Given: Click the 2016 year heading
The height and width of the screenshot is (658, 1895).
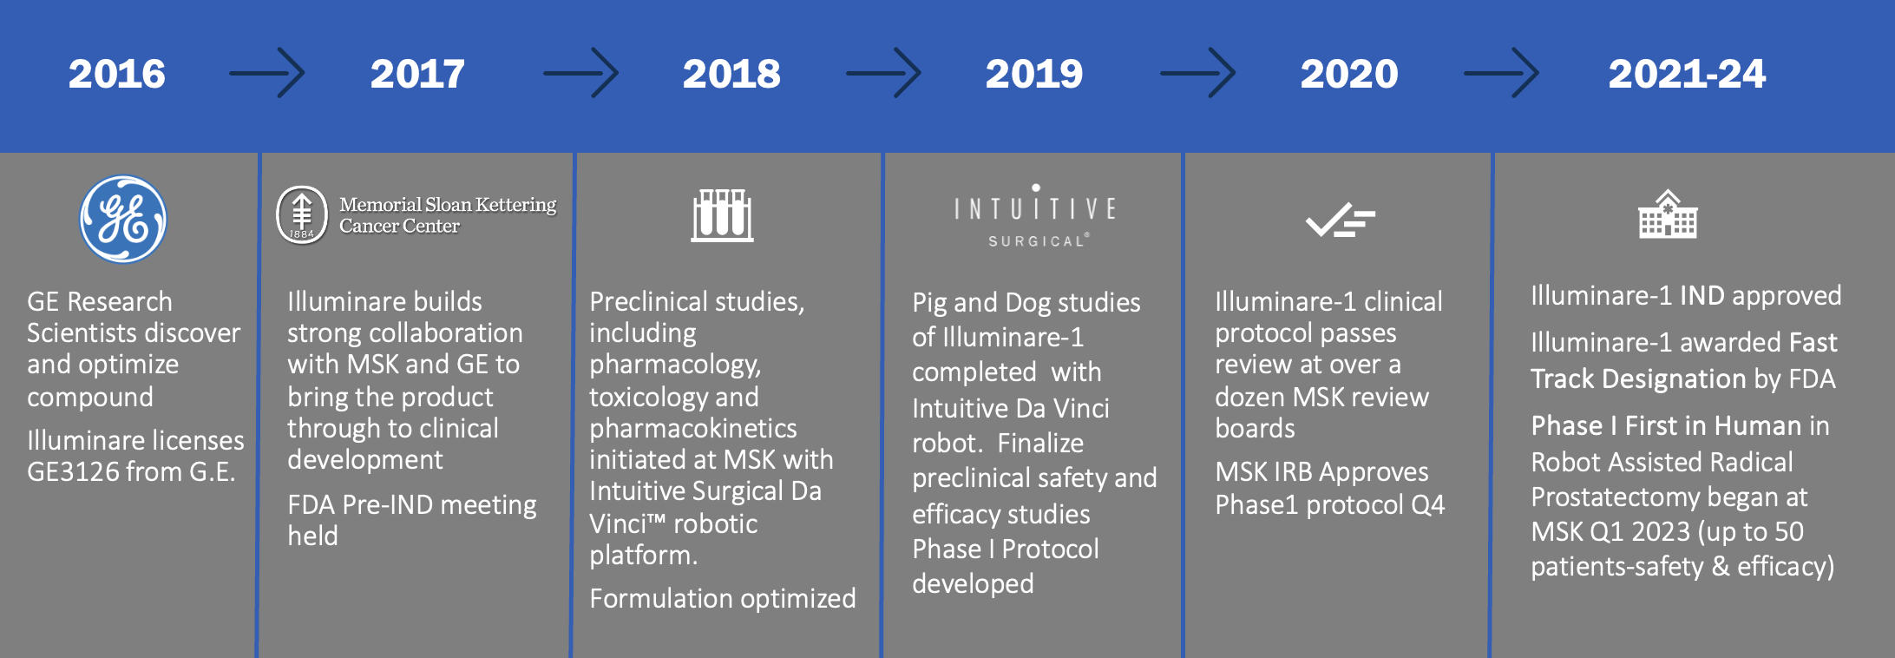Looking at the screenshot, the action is click(x=117, y=74).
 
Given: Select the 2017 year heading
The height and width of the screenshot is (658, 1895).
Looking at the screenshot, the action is click(x=417, y=74).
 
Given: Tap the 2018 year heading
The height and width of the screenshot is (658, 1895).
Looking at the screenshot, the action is click(x=731, y=74).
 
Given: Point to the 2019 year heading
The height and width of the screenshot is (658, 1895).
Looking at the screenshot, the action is click(x=1034, y=74).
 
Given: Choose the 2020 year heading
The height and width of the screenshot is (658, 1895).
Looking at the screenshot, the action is click(x=1349, y=74).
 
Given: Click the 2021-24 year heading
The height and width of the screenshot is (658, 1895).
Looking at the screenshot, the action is click(x=1687, y=74).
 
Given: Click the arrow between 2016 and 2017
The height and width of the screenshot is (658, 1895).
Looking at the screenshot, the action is click(x=266, y=73).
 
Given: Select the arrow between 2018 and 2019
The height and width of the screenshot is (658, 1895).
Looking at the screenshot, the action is click(x=883, y=73).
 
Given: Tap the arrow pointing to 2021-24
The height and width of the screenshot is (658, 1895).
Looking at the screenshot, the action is click(x=1501, y=73).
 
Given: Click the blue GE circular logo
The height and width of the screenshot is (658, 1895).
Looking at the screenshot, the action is click(x=123, y=219).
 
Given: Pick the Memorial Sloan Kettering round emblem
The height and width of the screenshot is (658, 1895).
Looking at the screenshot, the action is click(x=302, y=214).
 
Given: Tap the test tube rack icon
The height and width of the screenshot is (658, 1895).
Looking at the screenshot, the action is click(x=722, y=215).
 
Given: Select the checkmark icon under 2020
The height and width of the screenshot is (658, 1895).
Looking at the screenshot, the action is click(x=1340, y=220).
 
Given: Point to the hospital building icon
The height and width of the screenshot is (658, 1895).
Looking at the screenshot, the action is click(x=1668, y=214).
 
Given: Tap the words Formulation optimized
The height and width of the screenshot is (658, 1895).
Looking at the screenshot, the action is click(x=723, y=598).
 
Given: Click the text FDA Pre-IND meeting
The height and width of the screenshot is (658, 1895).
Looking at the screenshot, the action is click(x=412, y=504).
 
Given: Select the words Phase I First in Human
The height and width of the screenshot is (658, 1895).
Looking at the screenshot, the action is click(x=1666, y=425).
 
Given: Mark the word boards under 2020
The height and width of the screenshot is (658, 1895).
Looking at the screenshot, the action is click(x=1255, y=428).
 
